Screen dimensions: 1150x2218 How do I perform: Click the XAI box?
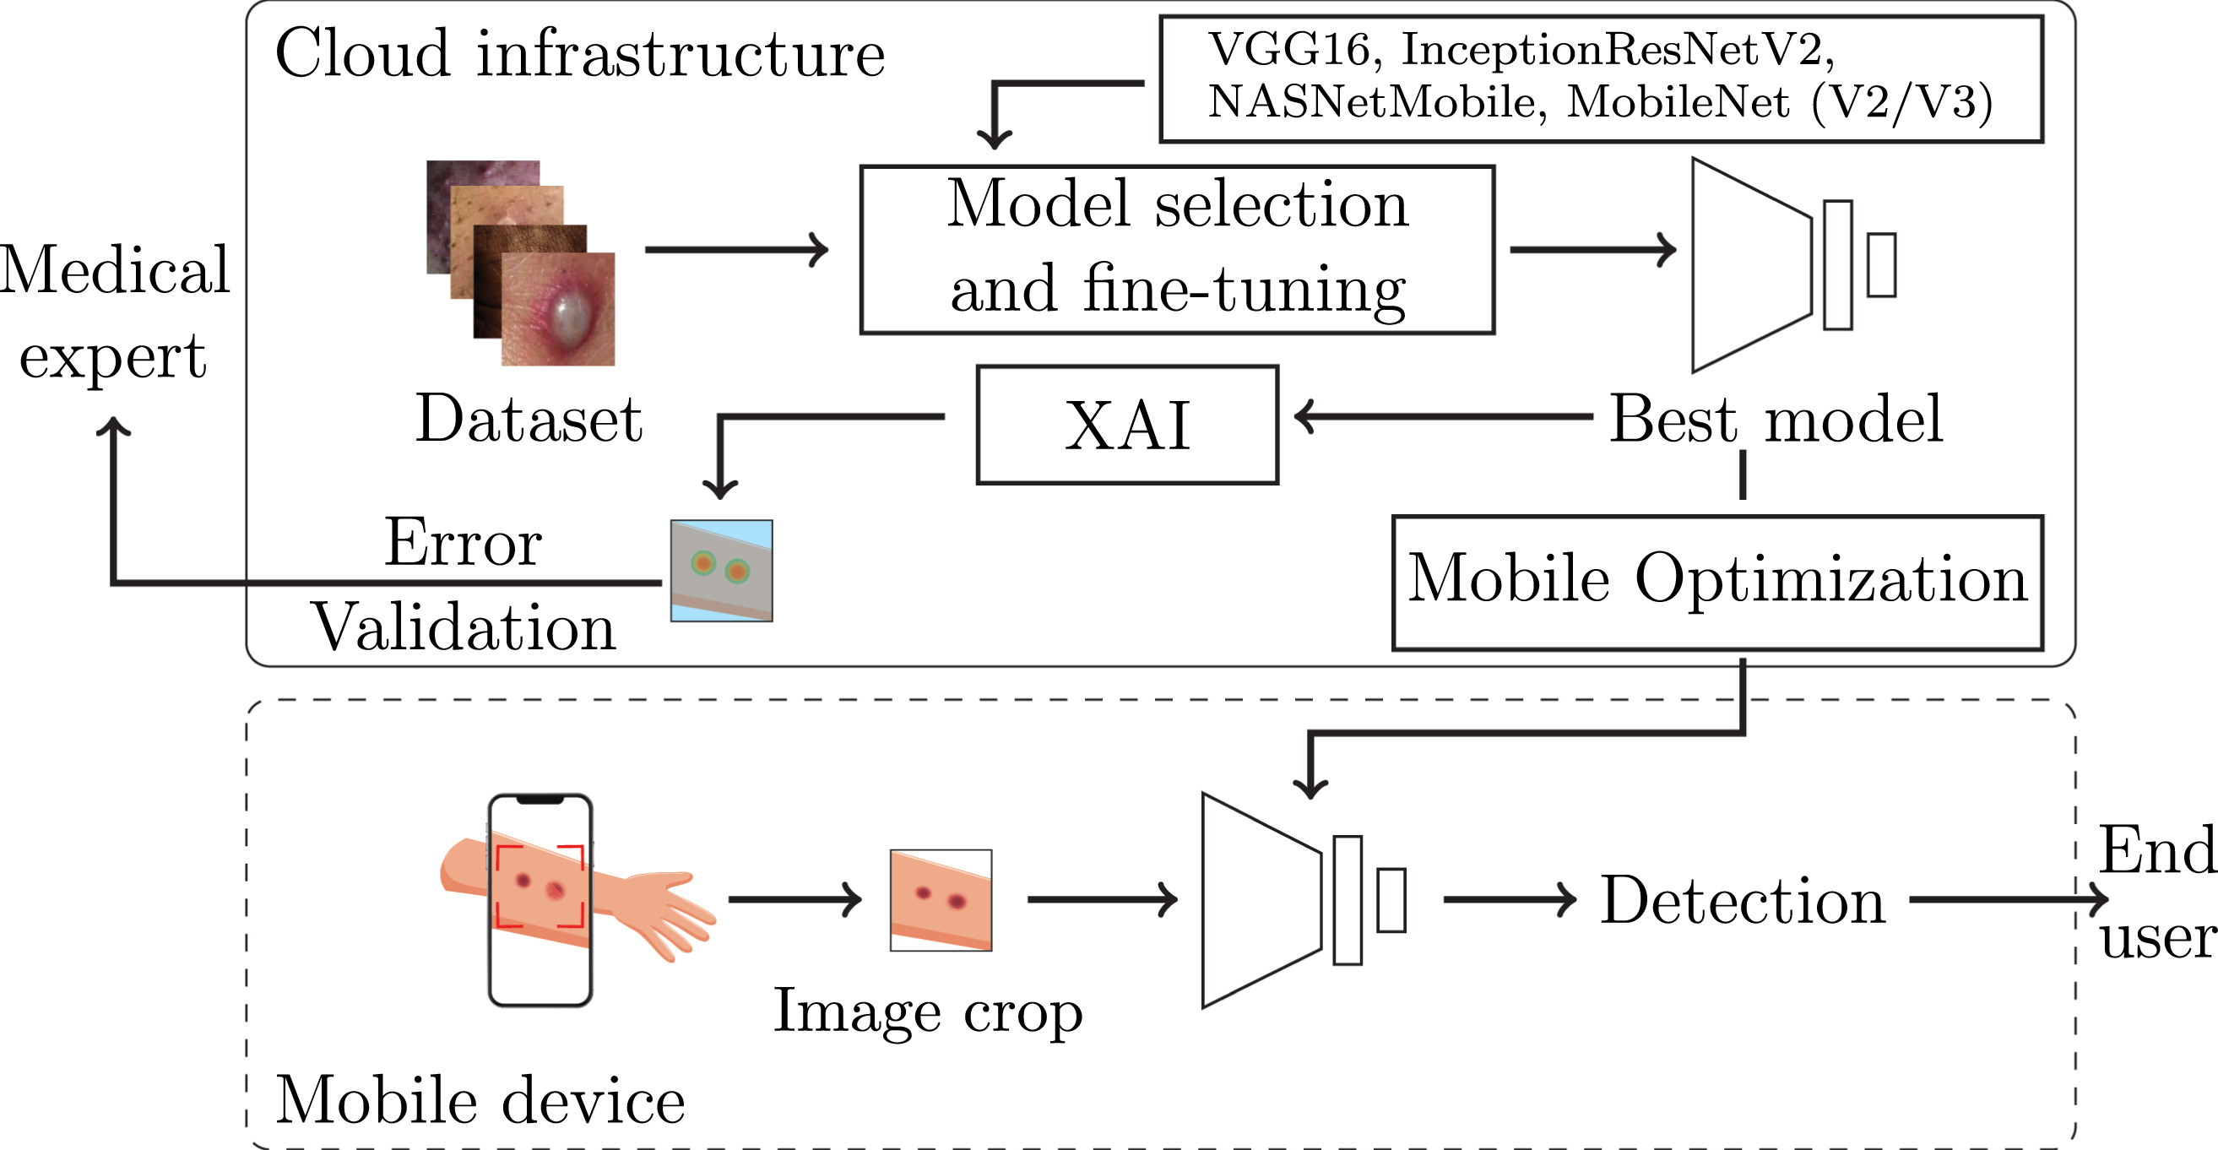(x=1127, y=426)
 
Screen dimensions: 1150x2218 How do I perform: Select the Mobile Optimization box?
(x=1716, y=583)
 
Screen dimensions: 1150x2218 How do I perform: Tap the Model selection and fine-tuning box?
(x=1177, y=250)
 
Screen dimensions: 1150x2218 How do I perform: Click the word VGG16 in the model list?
(x=1289, y=50)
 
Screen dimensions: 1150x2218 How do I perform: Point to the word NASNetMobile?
(x=1372, y=102)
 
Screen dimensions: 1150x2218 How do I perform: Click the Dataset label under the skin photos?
(x=529, y=419)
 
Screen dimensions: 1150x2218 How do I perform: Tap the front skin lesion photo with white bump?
(x=558, y=310)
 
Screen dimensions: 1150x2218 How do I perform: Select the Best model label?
(x=1776, y=419)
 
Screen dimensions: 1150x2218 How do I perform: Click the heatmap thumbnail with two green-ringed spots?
(x=722, y=570)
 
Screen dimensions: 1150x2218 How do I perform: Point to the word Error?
(x=463, y=543)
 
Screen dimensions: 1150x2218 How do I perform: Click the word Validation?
(x=464, y=627)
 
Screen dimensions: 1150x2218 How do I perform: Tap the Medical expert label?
(x=114, y=312)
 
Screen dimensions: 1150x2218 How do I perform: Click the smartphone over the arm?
(x=540, y=899)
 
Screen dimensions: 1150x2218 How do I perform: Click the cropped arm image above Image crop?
(x=941, y=900)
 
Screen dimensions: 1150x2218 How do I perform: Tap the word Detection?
(x=1742, y=901)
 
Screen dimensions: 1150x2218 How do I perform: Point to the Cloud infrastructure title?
(x=579, y=53)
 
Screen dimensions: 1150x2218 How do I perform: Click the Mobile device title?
(x=480, y=1100)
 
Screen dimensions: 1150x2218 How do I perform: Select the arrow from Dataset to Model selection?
(x=736, y=250)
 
